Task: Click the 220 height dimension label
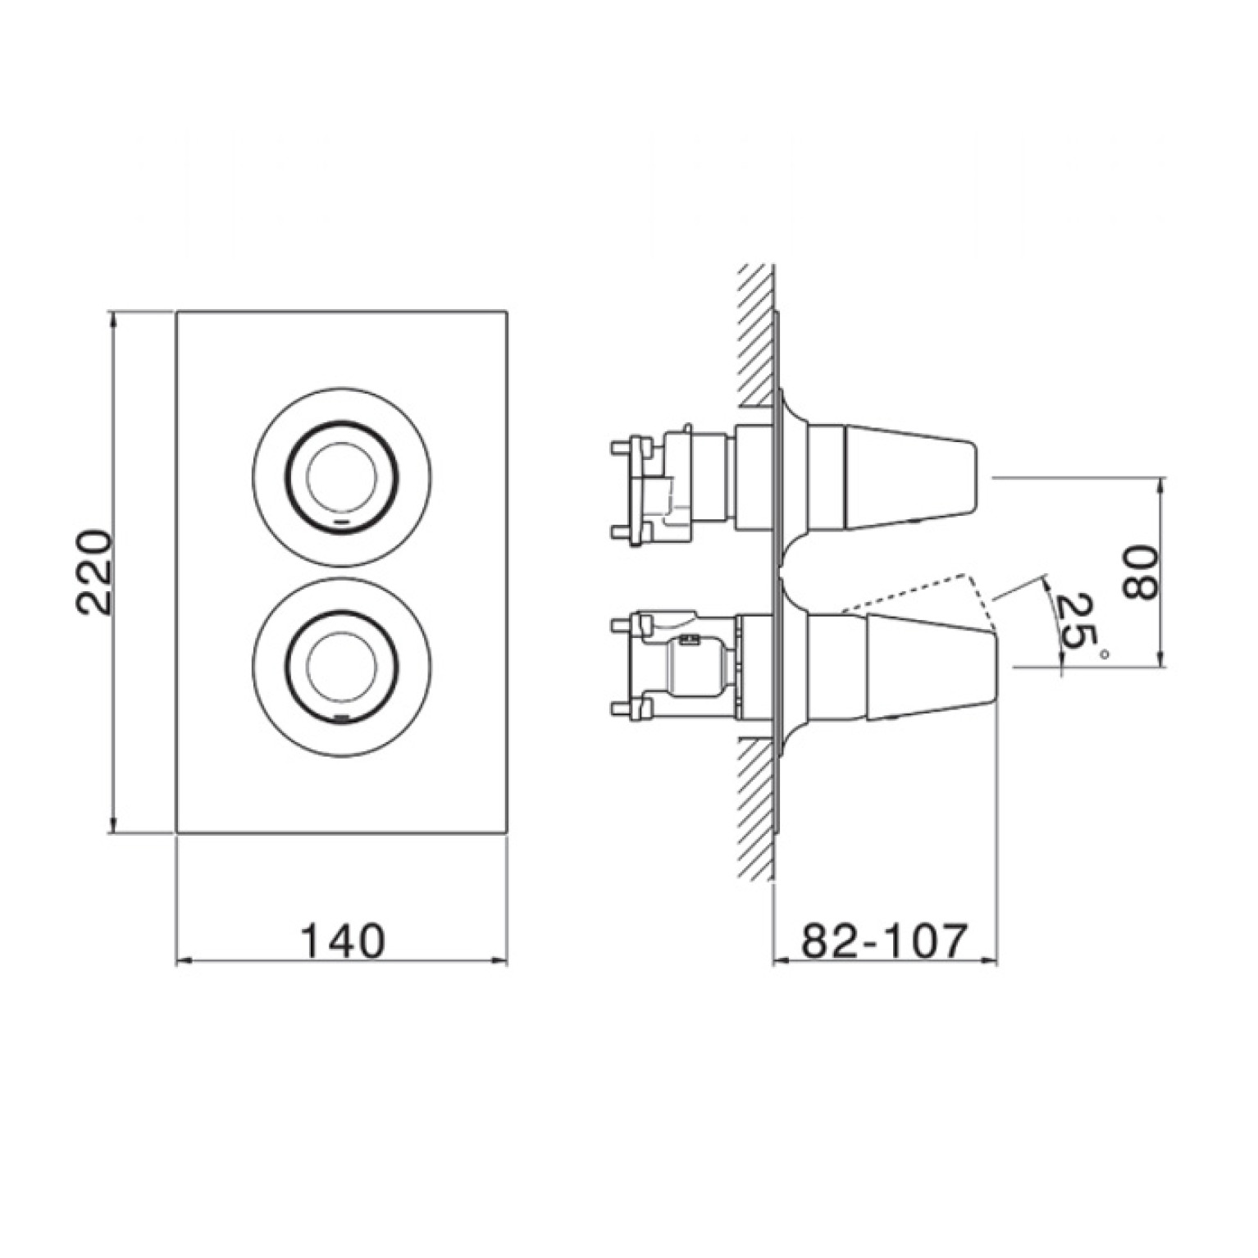pyautogui.click(x=93, y=572)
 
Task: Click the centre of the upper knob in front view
pyautogui.click(x=342, y=476)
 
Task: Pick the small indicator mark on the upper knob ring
pyautogui.click(x=342, y=521)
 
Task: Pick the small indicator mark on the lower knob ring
pyautogui.click(x=342, y=714)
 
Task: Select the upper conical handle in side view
pyautogui.click(x=892, y=476)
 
